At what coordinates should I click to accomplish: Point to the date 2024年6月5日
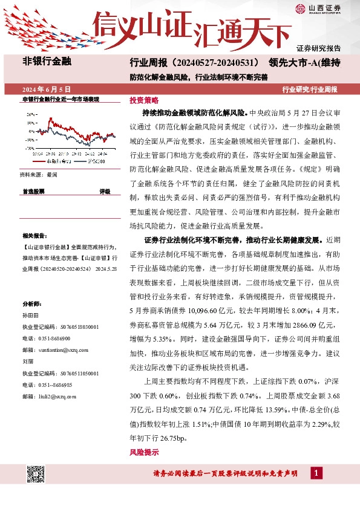pos(50,89)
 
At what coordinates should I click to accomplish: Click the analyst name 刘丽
pos(27,361)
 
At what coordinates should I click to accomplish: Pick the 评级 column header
pos(105,191)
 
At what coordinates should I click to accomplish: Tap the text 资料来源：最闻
pos(39,174)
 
